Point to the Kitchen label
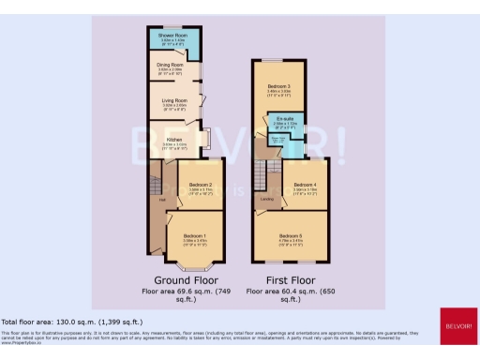pos(174,139)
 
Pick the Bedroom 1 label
pos(195,234)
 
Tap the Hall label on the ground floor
pos(162,199)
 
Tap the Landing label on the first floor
pos(266,199)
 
